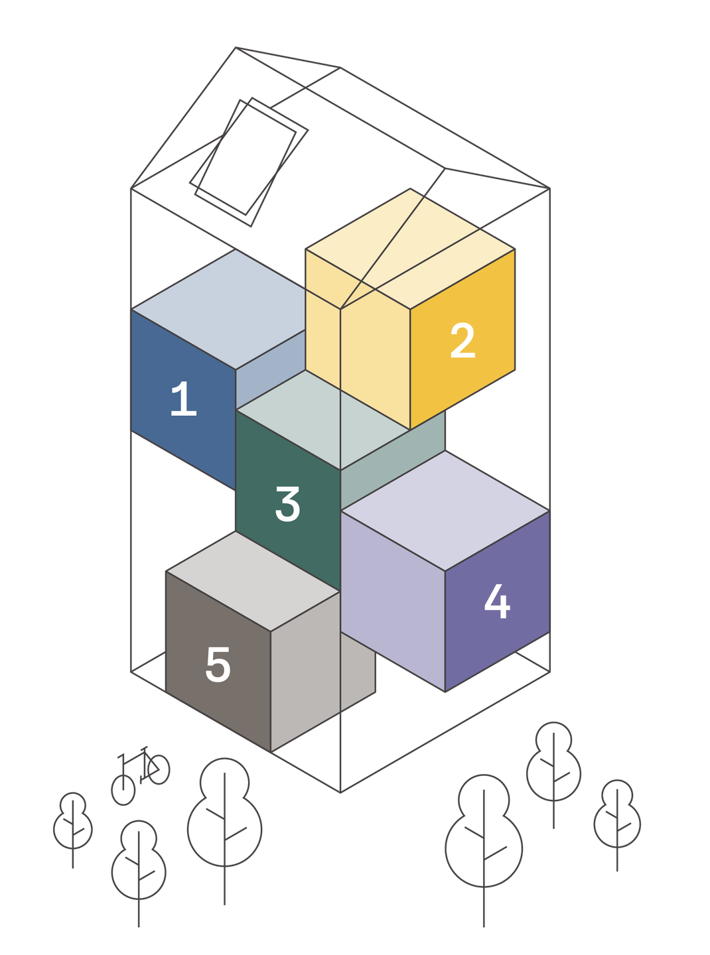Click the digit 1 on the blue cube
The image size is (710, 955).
click(x=183, y=399)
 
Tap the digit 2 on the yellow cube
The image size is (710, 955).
click(x=462, y=341)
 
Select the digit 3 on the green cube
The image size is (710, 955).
click(x=287, y=504)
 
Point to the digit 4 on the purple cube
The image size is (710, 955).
click(x=497, y=602)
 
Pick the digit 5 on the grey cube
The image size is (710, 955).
click(x=218, y=665)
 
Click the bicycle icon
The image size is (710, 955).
click(x=141, y=773)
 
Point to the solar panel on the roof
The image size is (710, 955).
click(x=249, y=159)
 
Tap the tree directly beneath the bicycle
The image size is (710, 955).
click(x=139, y=862)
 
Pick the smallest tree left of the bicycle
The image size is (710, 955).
click(x=73, y=822)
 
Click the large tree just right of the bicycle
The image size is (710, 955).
click(x=224, y=816)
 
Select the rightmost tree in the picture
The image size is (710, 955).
click(x=618, y=816)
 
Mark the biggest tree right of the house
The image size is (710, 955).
click(x=484, y=836)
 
